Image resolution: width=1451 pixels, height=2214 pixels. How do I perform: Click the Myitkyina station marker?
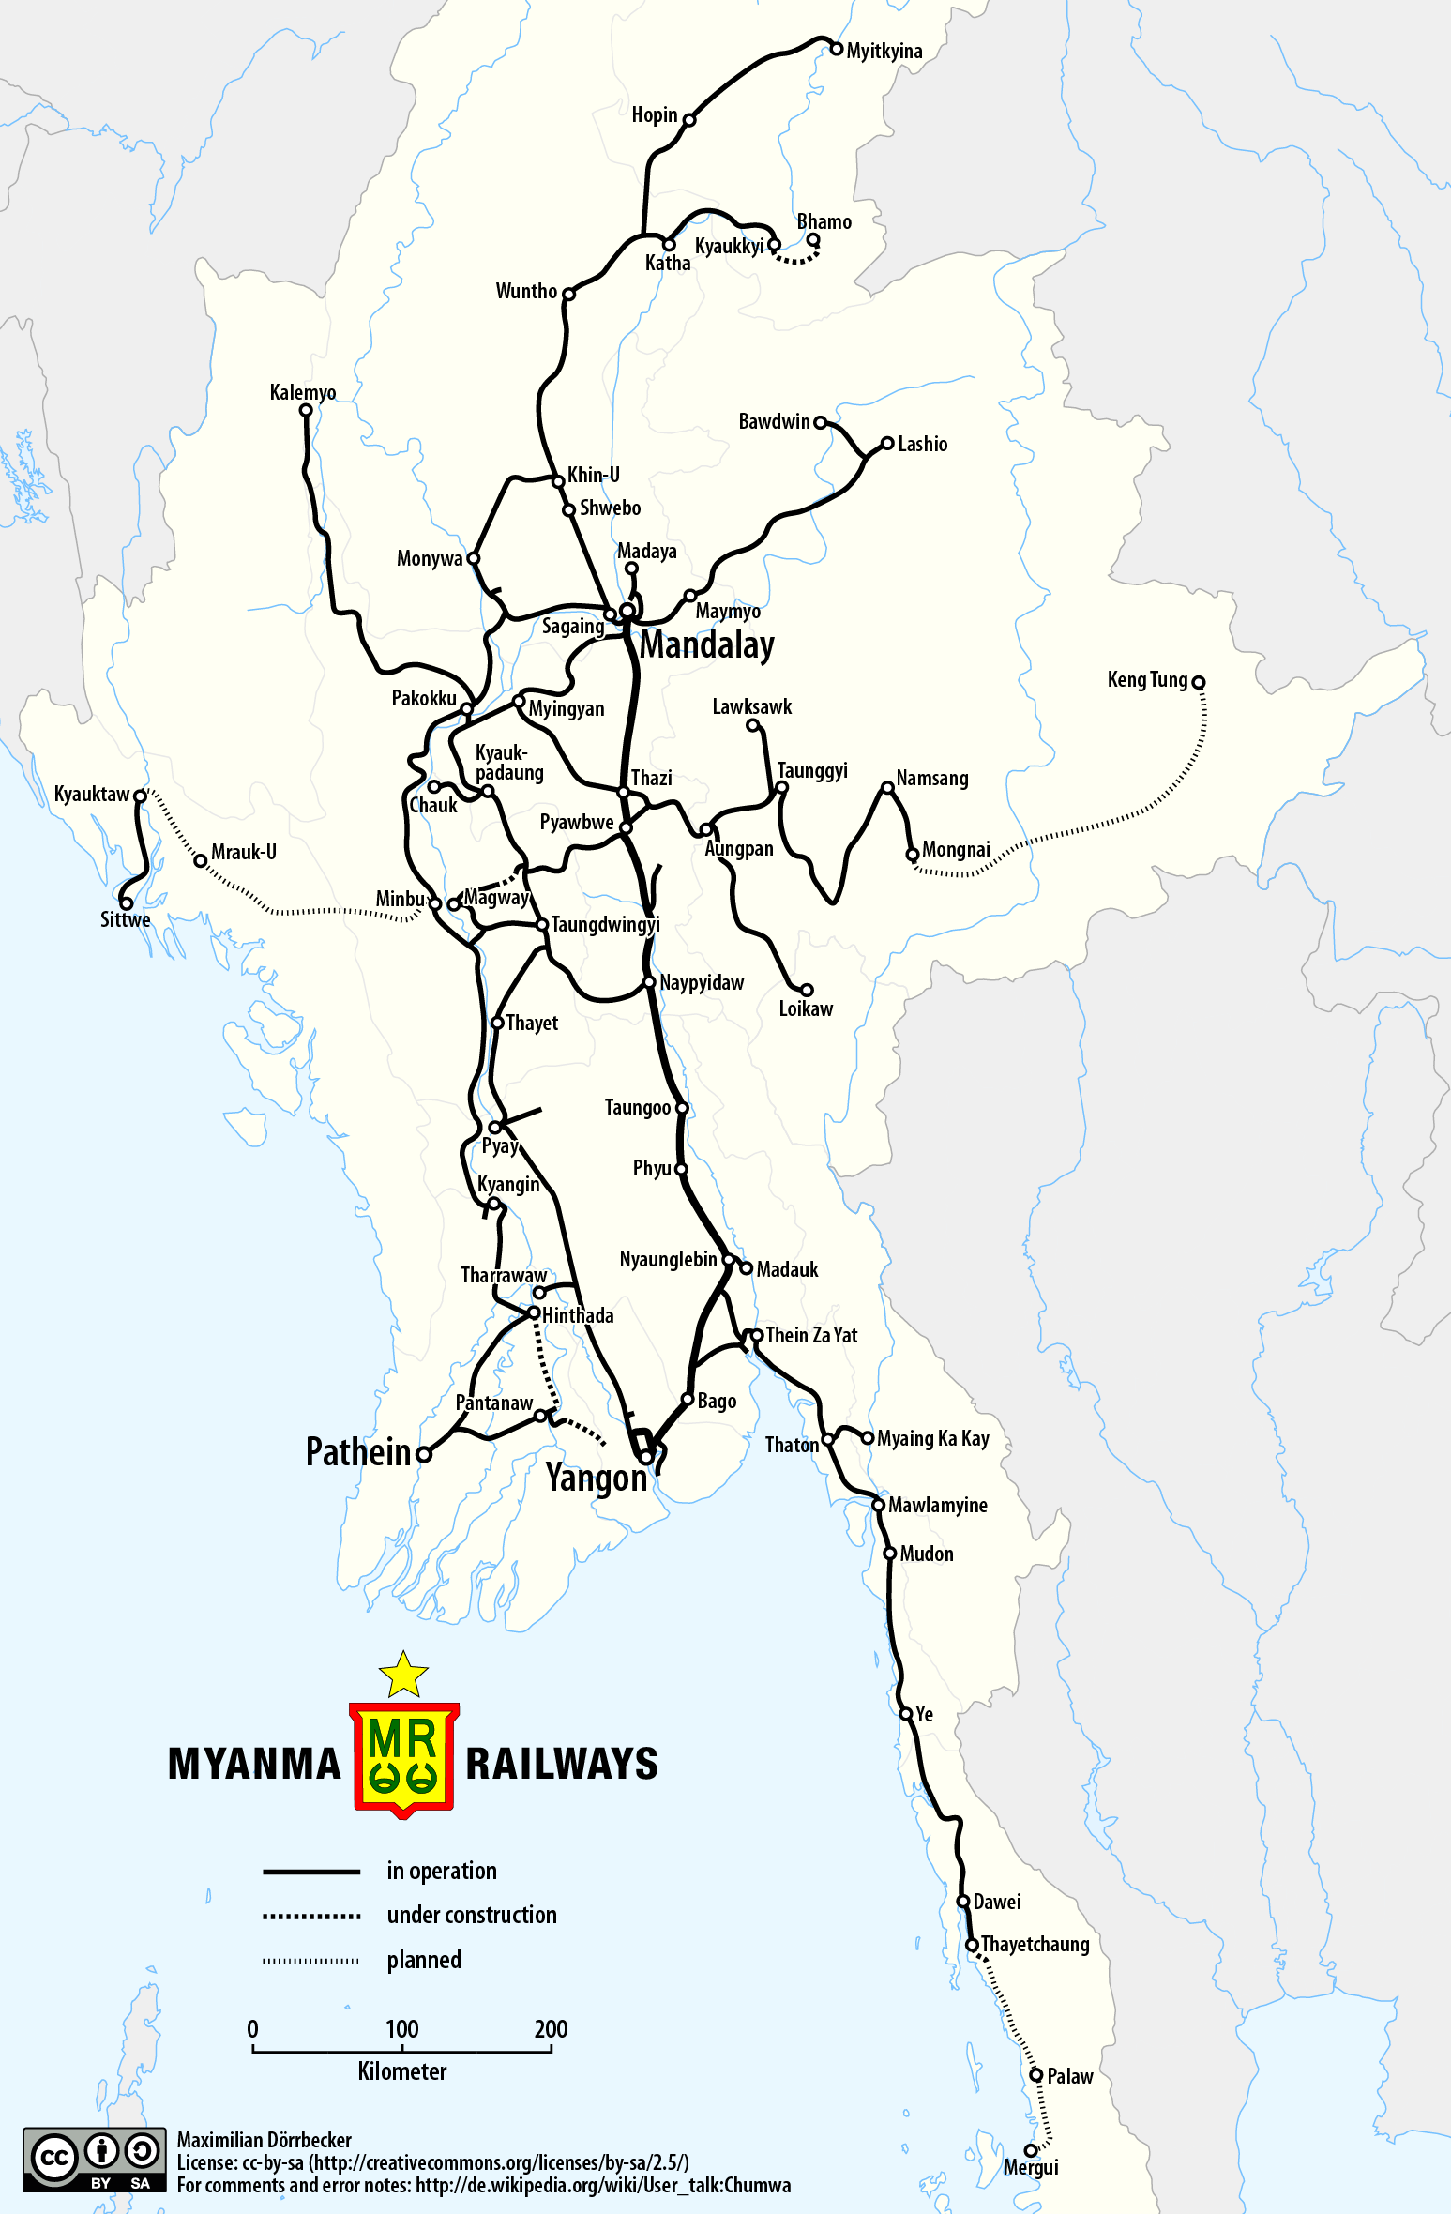pyautogui.click(x=837, y=49)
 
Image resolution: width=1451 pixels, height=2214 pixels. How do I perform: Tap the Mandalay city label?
pyautogui.click(x=707, y=644)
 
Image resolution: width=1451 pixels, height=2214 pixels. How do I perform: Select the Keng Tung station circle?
pyautogui.click(x=1198, y=682)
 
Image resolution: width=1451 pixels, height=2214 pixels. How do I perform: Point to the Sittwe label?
pyautogui.click(x=126, y=919)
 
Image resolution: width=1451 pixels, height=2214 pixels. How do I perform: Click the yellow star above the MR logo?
pyautogui.click(x=403, y=1676)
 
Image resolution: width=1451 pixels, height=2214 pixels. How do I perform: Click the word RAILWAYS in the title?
pyautogui.click(x=562, y=1764)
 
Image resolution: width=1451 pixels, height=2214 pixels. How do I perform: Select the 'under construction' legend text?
pyautogui.click(x=472, y=1915)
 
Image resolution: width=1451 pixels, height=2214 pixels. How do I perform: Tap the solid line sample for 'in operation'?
pyautogui.click(x=311, y=1872)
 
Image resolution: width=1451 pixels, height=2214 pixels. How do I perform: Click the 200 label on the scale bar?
pyautogui.click(x=551, y=2029)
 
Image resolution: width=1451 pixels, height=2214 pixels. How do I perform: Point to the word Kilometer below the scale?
pyautogui.click(x=402, y=2071)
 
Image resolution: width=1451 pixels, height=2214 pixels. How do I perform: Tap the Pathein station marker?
pyautogui.click(x=424, y=1455)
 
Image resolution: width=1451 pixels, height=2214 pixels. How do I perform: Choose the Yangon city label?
pyautogui.click(x=597, y=1478)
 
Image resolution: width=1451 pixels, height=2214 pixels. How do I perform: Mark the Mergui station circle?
pyautogui.click(x=1031, y=2150)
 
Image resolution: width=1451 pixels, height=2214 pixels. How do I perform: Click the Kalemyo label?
pyautogui.click(x=302, y=392)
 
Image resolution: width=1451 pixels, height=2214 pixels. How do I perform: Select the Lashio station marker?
pyautogui.click(x=887, y=444)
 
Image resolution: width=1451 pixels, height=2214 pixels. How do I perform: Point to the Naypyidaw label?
pyautogui.click(x=702, y=982)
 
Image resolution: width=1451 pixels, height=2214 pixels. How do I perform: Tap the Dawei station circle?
pyautogui.click(x=962, y=1902)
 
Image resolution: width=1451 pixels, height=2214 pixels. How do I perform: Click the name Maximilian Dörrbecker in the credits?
pyautogui.click(x=265, y=2140)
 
